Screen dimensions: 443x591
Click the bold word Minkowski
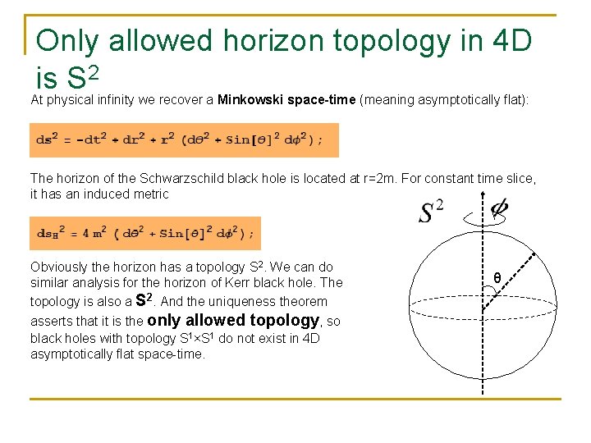(250, 100)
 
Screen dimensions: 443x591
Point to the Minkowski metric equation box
(184, 139)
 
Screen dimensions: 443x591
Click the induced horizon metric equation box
(145, 233)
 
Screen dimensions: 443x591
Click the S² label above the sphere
(430, 212)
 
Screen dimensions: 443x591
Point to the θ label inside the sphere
(497, 279)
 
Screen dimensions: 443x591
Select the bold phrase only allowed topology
(232, 320)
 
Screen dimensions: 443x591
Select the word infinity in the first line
(121, 100)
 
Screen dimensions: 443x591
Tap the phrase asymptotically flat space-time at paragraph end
(117, 354)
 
